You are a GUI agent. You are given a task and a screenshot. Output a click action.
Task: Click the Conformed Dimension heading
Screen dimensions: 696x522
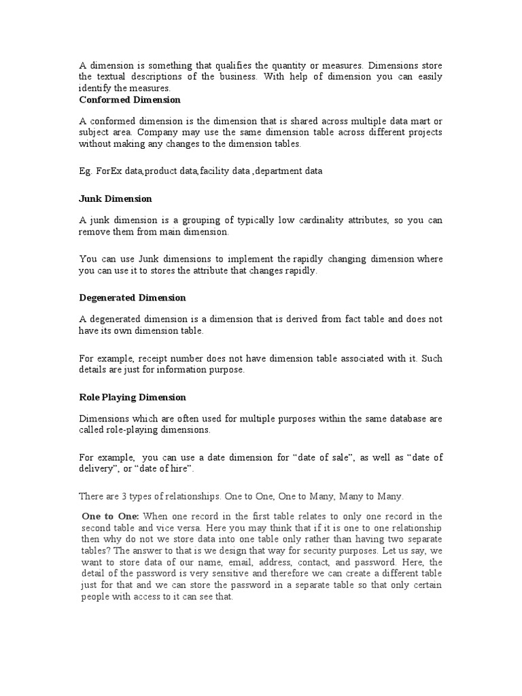tap(130, 99)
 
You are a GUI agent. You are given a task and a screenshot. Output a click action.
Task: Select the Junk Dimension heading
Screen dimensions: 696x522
tap(116, 198)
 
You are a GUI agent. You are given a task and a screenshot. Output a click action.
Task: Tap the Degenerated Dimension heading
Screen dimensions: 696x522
tap(133, 298)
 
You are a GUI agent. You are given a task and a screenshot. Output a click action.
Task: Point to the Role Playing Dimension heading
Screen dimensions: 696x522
tap(133, 397)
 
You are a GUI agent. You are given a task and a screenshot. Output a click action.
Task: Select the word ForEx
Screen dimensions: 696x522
tap(104, 171)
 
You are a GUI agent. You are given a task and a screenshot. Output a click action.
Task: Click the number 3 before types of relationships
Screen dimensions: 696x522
tap(126, 497)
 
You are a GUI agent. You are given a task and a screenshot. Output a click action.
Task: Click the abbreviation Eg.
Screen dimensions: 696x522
tap(85, 171)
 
